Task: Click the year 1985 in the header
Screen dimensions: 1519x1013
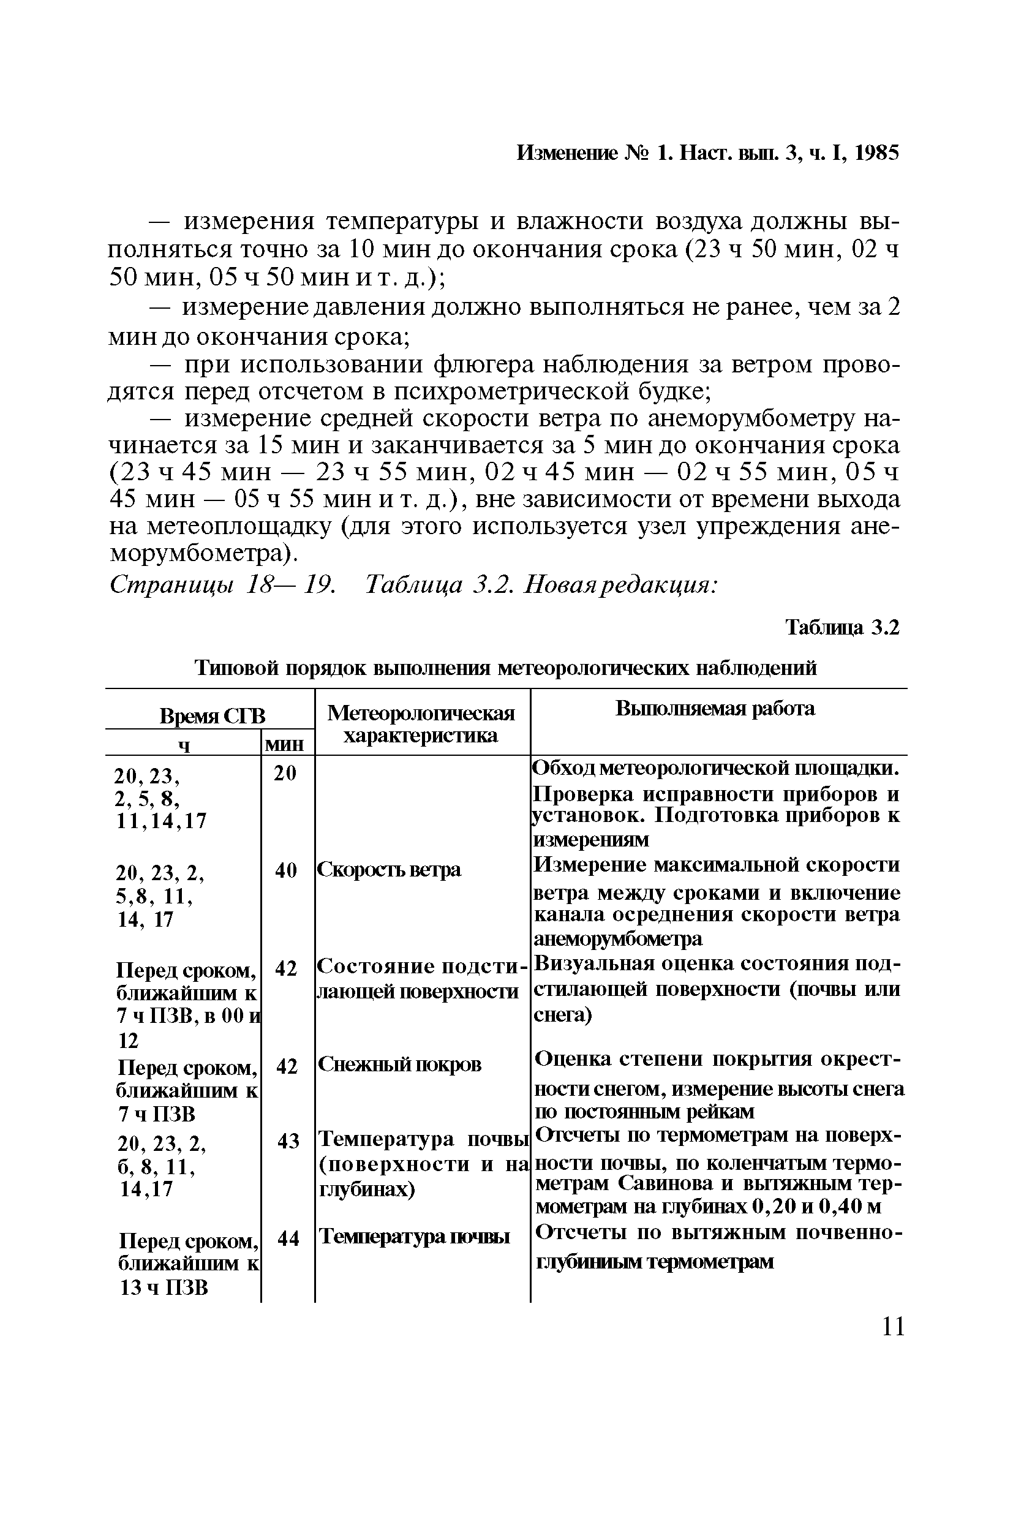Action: pos(876,153)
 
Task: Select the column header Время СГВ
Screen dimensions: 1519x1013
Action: pos(212,716)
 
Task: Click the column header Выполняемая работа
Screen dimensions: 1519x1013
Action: pos(715,709)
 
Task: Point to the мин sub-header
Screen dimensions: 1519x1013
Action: pos(285,745)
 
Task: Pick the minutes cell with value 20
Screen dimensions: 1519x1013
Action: pos(285,773)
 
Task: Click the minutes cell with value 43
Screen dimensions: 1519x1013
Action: pos(288,1142)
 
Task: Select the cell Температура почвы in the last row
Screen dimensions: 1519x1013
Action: pos(415,1237)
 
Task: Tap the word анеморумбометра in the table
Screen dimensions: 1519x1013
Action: pos(617,938)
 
